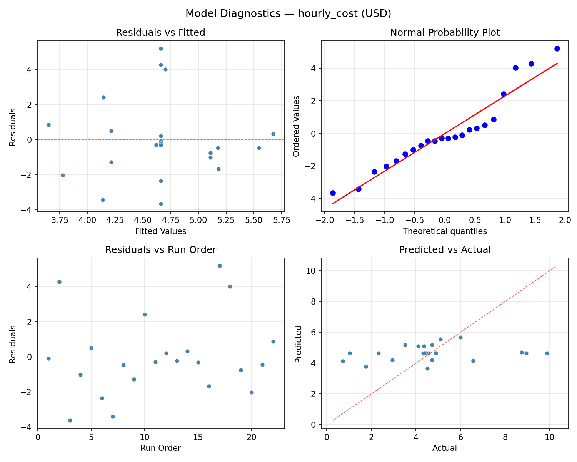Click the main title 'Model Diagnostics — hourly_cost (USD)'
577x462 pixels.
pyautogui.click(x=288, y=14)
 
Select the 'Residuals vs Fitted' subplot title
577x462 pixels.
pyautogui.click(x=160, y=33)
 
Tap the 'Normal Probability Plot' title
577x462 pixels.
pyautogui.click(x=445, y=33)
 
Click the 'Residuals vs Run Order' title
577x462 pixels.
pyautogui.click(x=160, y=250)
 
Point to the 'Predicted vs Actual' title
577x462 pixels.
pyautogui.click(x=445, y=250)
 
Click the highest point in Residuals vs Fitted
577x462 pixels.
pyautogui.click(x=161, y=49)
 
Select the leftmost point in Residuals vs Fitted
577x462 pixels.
pyautogui.click(x=48, y=125)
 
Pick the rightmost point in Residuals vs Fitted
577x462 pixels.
pyautogui.click(x=273, y=134)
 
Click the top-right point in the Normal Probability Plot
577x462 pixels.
pyautogui.click(x=557, y=49)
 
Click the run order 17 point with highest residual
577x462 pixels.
pyautogui.click(x=220, y=266)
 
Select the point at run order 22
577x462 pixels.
pyautogui.click(x=273, y=341)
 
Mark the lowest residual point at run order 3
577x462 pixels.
pyautogui.click(x=70, y=420)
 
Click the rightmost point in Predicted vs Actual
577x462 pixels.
pyautogui.click(x=547, y=353)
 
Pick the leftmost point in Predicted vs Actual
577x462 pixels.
pyautogui.click(x=343, y=361)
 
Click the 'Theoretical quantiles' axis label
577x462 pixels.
pyautogui.click(x=445, y=231)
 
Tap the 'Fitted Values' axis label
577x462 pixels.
pyautogui.click(x=160, y=231)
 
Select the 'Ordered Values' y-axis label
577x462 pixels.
pyautogui.click(x=296, y=126)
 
